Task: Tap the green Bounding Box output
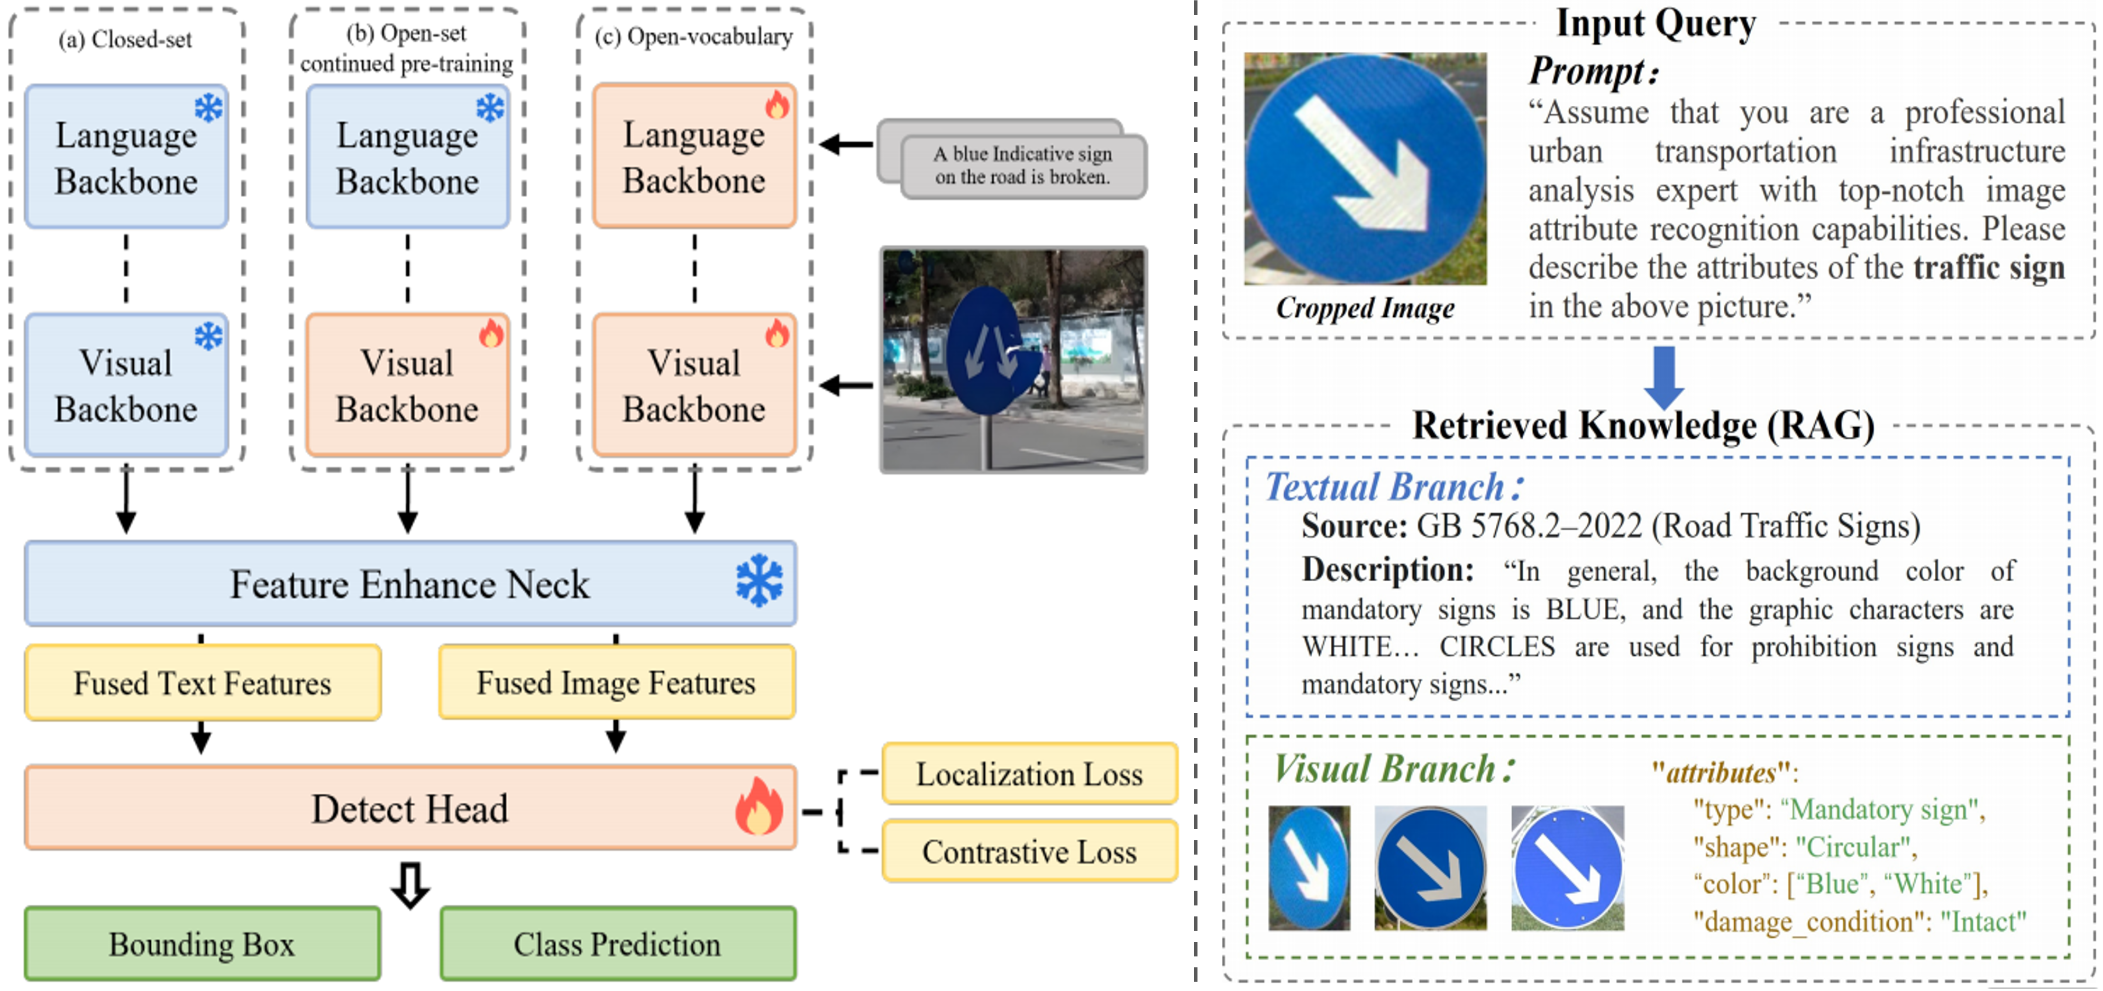click(x=202, y=943)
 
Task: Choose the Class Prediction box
click(x=617, y=943)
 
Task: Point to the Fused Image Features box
click(x=616, y=682)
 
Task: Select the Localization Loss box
click(x=1029, y=774)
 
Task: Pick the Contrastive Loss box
click(x=1029, y=851)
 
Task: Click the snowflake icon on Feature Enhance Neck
click(x=758, y=581)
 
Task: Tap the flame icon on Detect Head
click(x=758, y=806)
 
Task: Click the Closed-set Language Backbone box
click(x=126, y=157)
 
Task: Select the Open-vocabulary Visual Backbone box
click(x=694, y=386)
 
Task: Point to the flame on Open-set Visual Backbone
click(x=491, y=333)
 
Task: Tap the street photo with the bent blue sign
click(x=1013, y=360)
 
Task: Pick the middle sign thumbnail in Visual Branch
click(x=1430, y=868)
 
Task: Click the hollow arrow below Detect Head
click(x=410, y=885)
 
